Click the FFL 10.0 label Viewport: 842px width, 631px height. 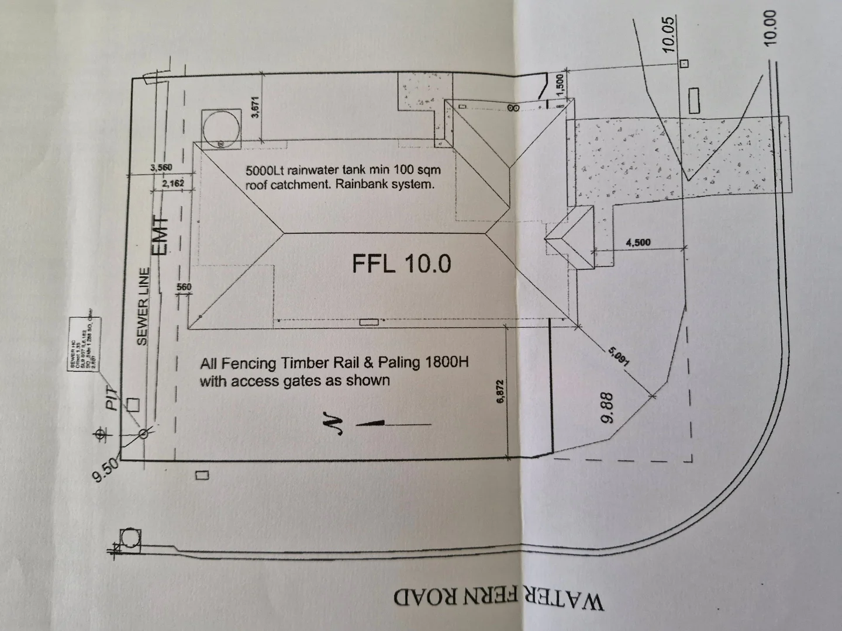point(401,264)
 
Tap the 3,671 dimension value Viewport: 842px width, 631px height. point(255,108)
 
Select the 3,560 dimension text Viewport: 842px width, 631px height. point(161,168)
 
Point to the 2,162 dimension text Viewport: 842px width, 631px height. point(173,183)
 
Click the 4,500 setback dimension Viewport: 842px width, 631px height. point(638,242)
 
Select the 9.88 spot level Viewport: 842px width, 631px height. point(608,407)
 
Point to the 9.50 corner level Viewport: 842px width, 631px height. point(106,470)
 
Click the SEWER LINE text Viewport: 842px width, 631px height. point(143,306)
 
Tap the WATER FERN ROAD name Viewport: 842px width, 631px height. point(498,599)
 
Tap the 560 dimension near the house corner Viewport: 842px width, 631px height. point(184,287)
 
